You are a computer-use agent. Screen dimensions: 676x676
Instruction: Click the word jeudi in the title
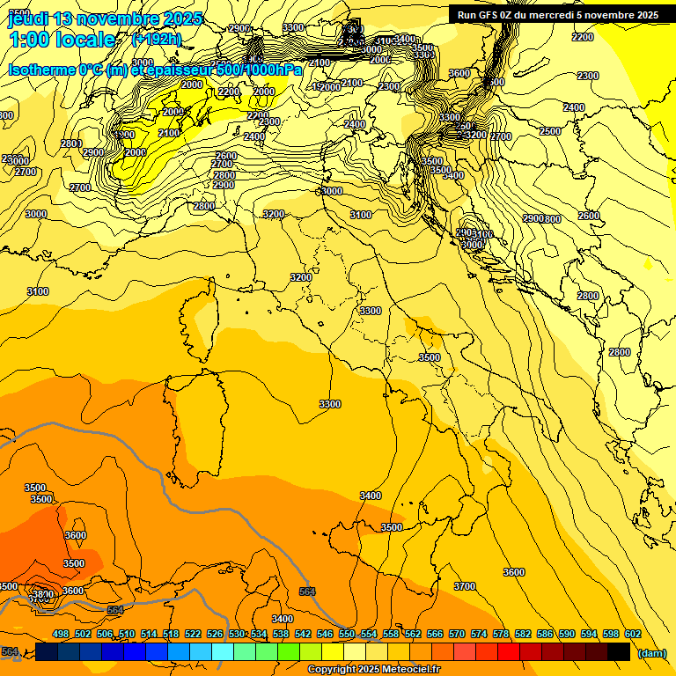coord(28,18)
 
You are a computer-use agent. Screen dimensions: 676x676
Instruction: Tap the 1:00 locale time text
coord(62,40)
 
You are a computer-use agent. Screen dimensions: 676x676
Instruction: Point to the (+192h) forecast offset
coord(156,40)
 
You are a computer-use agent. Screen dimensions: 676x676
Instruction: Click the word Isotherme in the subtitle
coord(44,70)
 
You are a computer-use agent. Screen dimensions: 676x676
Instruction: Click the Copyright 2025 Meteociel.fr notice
coord(373,670)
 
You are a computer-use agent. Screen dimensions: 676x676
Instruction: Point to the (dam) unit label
coord(651,652)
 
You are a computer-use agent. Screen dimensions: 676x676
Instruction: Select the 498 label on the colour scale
coord(61,634)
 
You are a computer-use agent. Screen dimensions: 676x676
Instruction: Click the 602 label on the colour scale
coord(633,634)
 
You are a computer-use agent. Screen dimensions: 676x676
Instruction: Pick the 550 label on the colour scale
coord(347,634)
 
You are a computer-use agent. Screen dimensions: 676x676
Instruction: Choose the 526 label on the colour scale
coord(215,634)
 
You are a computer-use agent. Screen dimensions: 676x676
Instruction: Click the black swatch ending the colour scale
coord(619,651)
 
